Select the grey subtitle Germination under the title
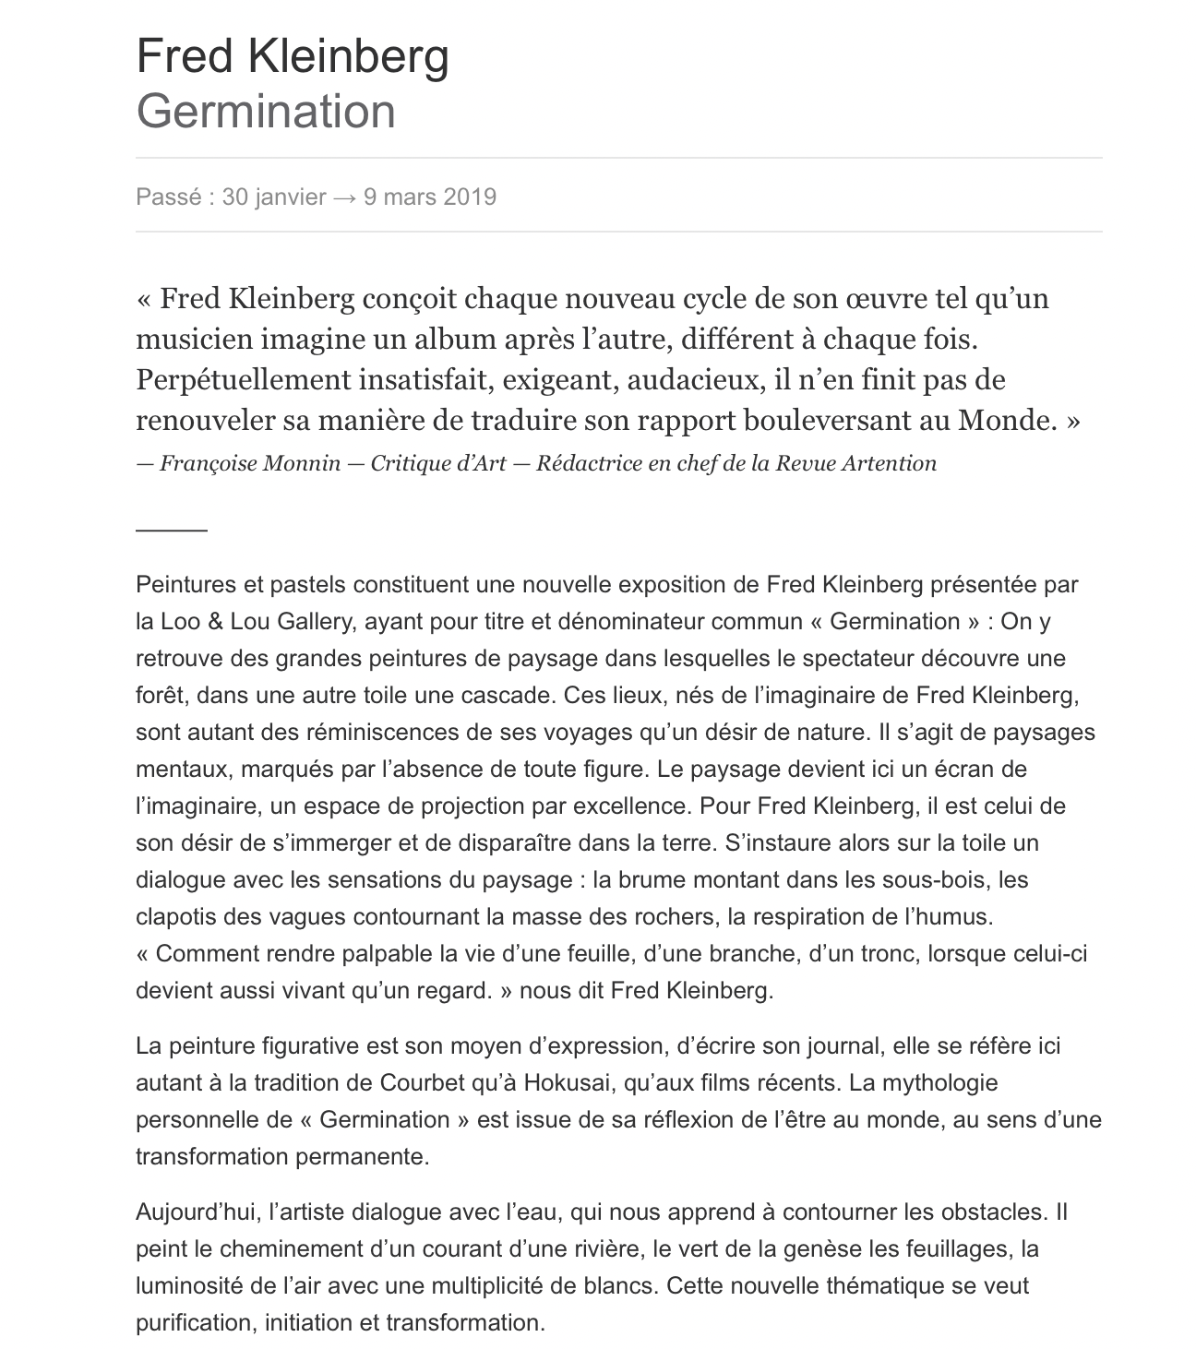click(266, 112)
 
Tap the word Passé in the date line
click(168, 197)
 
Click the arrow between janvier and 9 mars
click(344, 197)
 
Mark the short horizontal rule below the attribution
click(172, 531)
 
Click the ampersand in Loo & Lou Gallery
click(214, 622)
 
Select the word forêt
click(159, 696)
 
